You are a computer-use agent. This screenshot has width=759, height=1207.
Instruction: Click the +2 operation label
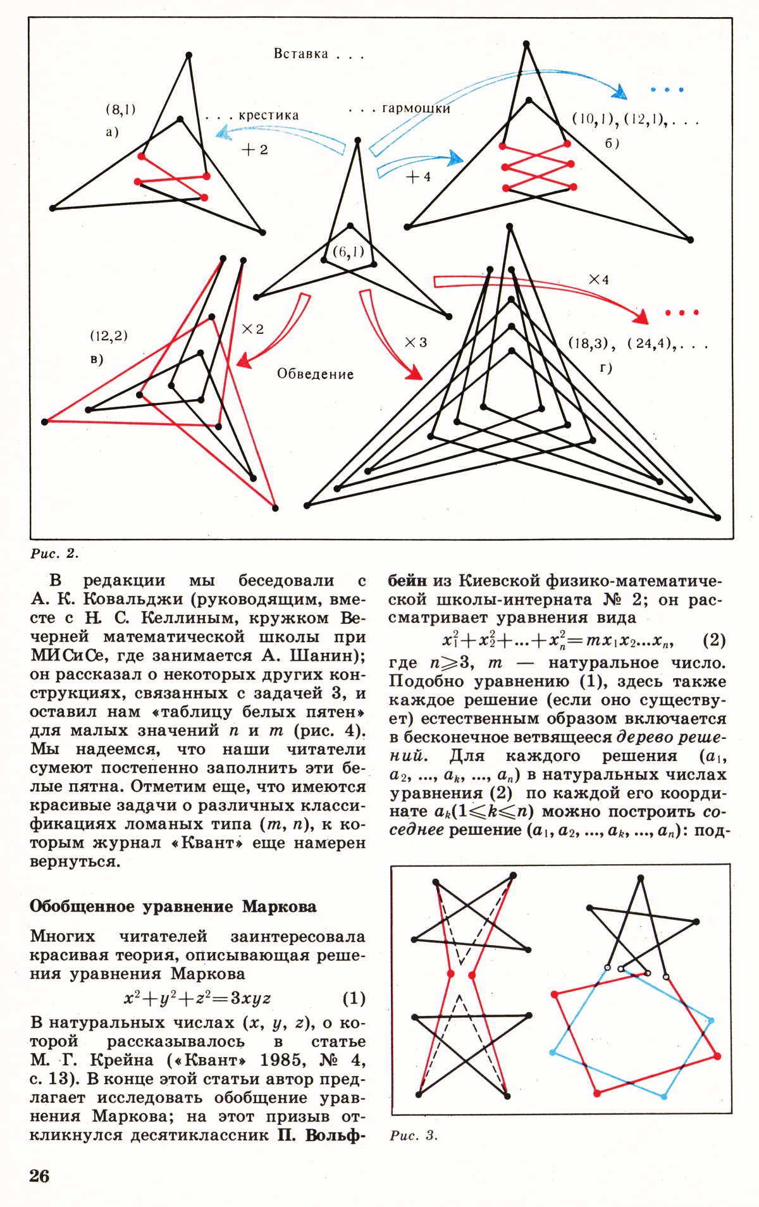(x=255, y=150)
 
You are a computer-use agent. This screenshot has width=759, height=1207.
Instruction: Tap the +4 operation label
(x=418, y=176)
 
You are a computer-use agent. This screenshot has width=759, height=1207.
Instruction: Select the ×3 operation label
(x=416, y=342)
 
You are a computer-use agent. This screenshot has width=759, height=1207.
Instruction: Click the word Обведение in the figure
(x=315, y=374)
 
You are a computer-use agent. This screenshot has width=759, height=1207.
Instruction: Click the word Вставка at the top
(x=301, y=54)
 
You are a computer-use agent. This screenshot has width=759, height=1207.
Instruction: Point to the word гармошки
(x=416, y=109)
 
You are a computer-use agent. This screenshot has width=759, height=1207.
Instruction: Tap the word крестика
(x=269, y=116)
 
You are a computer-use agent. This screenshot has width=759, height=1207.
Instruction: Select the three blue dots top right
(x=667, y=90)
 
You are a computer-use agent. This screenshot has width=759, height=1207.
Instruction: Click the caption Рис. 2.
(x=54, y=554)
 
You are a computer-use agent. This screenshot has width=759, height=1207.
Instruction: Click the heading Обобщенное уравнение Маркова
(x=173, y=907)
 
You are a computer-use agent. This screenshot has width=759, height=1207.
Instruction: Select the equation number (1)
(x=354, y=998)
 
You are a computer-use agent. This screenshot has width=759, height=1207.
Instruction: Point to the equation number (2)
(x=714, y=640)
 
